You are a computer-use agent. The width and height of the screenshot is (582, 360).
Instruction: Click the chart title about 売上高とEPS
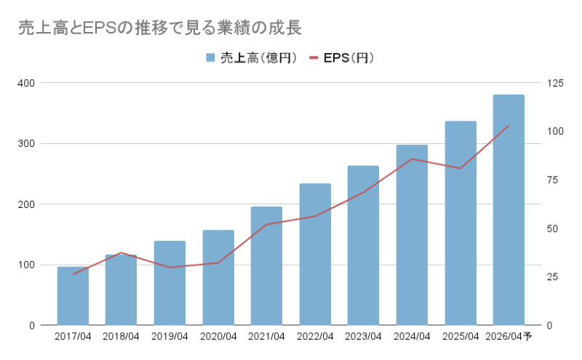(159, 28)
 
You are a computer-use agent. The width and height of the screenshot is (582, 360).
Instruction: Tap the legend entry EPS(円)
(342, 58)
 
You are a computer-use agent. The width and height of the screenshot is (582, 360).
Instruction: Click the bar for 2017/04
(73, 296)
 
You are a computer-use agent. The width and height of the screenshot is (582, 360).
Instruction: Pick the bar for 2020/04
(218, 278)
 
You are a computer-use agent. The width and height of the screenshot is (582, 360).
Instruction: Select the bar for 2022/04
(315, 255)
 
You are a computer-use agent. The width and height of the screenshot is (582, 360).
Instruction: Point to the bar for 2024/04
(412, 235)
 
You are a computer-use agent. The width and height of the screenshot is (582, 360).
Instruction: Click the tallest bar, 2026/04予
(509, 210)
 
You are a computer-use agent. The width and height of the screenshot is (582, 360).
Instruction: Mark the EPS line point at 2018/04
(121, 252)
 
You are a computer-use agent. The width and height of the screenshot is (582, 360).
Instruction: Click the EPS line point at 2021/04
(266, 224)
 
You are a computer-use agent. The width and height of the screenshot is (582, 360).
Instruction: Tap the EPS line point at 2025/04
(460, 168)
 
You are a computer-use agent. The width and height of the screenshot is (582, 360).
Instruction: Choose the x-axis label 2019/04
(170, 336)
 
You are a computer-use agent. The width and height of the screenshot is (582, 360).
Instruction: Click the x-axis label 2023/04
(363, 336)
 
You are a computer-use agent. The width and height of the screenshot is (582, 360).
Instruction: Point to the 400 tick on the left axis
(27, 83)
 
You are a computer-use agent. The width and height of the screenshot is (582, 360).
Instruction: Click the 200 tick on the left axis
(27, 204)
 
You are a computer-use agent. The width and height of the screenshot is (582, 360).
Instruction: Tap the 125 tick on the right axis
(555, 83)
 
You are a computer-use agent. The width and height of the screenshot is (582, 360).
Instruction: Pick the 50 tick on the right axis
(553, 228)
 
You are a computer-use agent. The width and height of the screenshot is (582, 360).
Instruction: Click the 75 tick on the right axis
(553, 180)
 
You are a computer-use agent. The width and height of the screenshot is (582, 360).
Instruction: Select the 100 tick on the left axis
(27, 265)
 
